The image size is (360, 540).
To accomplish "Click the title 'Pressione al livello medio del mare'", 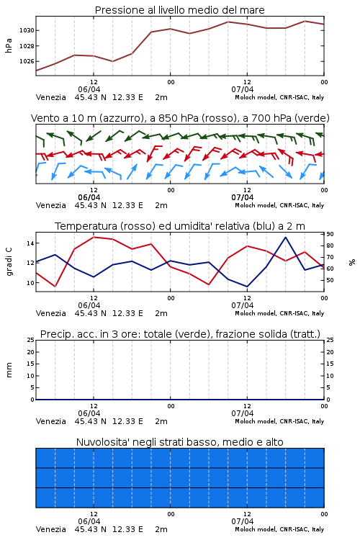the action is click(179, 10).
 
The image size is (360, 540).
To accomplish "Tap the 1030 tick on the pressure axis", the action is click(27, 30).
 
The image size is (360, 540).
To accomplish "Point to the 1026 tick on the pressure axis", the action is click(27, 61).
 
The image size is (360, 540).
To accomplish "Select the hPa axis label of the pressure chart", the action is click(9, 45).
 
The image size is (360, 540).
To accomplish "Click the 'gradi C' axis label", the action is click(9, 262).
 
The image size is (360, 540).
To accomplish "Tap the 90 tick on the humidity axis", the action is click(330, 234).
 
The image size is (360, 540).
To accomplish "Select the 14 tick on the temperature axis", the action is click(30, 243).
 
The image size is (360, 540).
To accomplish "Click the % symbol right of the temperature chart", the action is click(352, 262).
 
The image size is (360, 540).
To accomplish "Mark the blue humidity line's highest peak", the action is click(285, 237).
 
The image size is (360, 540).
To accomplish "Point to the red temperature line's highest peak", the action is click(94, 237).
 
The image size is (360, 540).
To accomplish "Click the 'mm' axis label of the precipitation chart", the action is click(9, 370).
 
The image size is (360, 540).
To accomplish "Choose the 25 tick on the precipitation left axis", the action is click(31, 340).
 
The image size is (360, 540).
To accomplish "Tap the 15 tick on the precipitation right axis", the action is click(330, 364).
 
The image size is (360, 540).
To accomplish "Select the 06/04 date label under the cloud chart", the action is click(89, 521).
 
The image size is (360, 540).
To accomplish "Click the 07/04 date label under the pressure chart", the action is click(243, 89).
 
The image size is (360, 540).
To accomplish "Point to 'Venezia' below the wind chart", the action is click(51, 205).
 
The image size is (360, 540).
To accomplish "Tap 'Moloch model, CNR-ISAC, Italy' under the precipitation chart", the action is click(279, 421).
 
